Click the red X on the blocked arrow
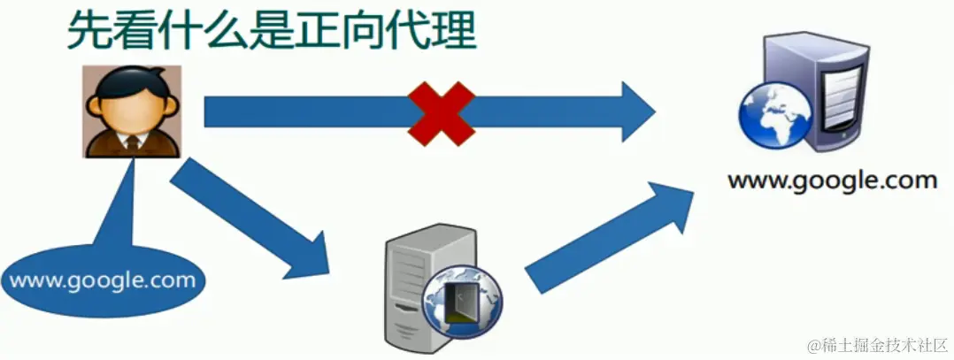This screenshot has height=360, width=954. coord(441,112)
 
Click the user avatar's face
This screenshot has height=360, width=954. coord(133,111)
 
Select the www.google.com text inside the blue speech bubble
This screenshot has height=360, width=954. coord(102,281)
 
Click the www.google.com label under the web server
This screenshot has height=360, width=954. coord(832,181)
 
